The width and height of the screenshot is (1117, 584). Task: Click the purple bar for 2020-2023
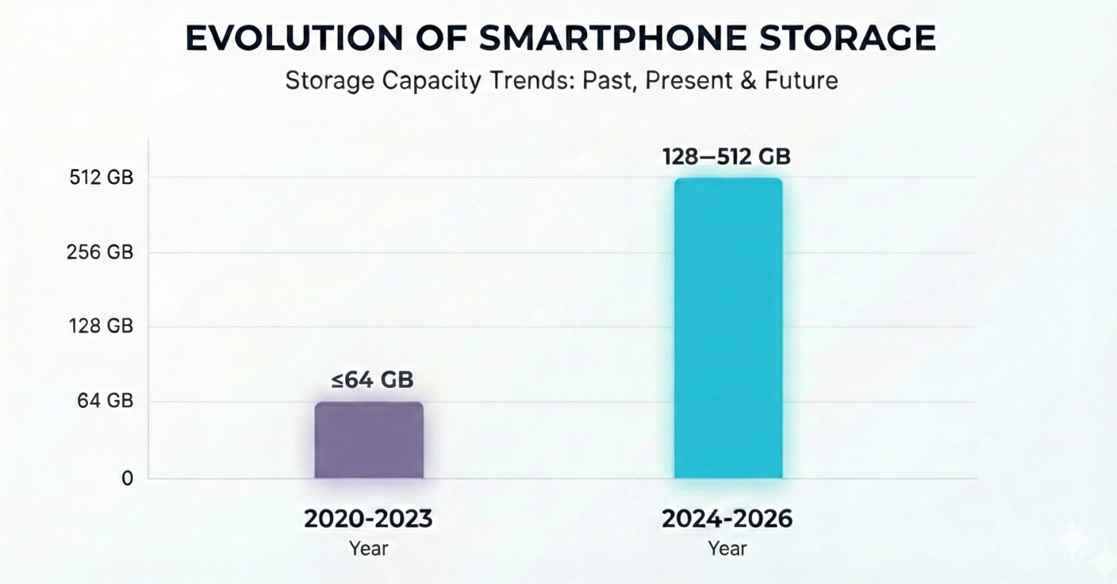tap(369, 440)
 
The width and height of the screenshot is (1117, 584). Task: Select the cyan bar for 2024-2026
tap(727, 328)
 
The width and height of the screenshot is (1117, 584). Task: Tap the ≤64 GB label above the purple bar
tap(372, 380)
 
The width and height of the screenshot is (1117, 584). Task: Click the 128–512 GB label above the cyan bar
tap(727, 156)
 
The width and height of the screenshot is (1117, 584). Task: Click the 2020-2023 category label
tap(369, 519)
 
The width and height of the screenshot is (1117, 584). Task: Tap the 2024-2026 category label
tap(727, 519)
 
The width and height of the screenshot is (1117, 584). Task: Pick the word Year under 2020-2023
tap(369, 548)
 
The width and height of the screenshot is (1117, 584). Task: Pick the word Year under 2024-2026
tap(727, 548)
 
